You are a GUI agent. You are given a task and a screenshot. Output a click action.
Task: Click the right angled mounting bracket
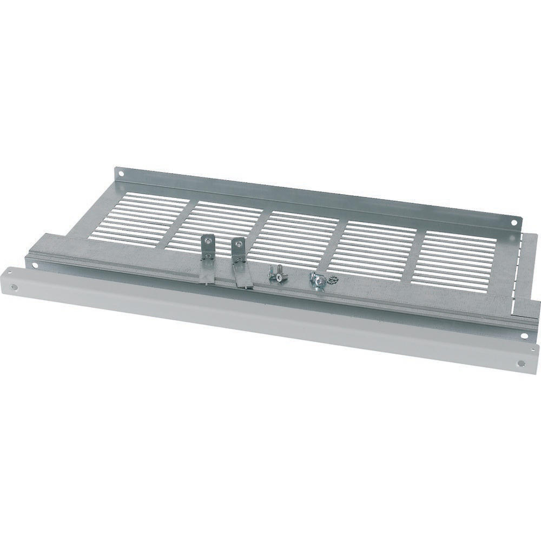click(x=240, y=262)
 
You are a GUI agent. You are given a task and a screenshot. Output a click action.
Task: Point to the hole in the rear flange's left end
click(x=121, y=175)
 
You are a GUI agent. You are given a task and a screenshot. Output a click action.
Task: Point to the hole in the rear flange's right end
click(x=514, y=221)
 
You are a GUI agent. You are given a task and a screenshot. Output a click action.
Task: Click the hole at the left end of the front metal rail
click(x=35, y=265)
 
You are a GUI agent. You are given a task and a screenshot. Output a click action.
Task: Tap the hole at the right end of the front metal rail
click(x=524, y=336)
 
